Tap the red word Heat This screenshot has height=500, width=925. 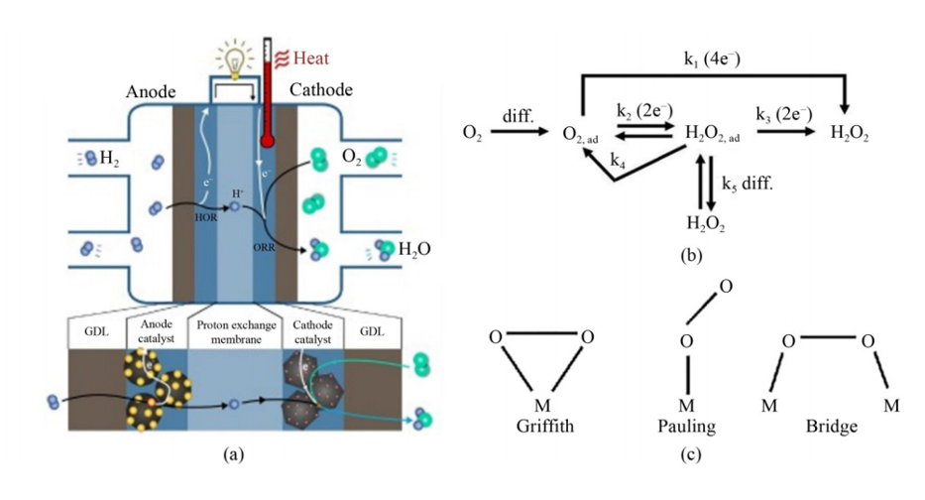(x=310, y=58)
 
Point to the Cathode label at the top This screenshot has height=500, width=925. (x=320, y=90)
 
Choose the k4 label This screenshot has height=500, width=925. (x=618, y=160)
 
